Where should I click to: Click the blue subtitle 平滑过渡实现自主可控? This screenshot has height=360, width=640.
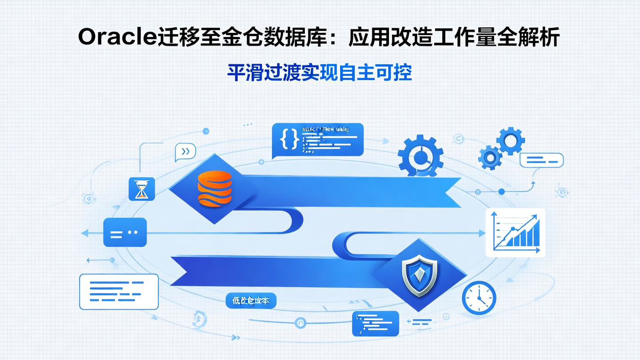click(319, 73)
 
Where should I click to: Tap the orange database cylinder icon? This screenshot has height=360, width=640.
click(215, 189)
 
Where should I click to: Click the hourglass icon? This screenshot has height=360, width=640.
click(141, 188)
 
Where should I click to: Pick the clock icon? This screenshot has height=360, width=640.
click(479, 297)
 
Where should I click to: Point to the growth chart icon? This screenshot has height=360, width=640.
click(515, 232)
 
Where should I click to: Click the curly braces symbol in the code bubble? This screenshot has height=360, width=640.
click(289, 139)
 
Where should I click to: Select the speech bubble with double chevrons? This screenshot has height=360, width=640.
click(185, 152)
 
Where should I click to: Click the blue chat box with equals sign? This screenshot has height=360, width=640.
click(125, 232)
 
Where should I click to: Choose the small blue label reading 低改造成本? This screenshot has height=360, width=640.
click(251, 301)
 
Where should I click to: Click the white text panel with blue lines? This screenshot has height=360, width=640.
click(119, 291)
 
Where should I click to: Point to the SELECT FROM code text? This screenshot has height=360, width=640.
click(325, 129)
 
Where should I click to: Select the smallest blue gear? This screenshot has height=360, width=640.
click(490, 157)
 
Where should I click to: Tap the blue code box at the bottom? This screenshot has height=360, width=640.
click(376, 323)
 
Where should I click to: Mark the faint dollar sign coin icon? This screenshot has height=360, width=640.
click(198, 318)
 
